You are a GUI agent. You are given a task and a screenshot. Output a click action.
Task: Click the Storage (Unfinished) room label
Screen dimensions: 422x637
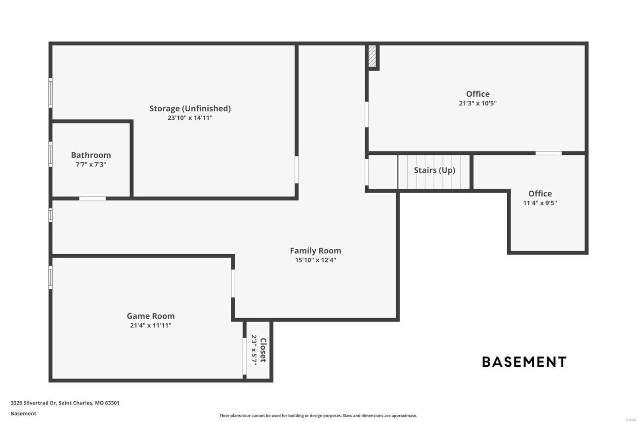(x=190, y=108)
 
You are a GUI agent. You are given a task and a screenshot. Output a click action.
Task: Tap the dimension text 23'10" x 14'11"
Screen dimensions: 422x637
(x=190, y=118)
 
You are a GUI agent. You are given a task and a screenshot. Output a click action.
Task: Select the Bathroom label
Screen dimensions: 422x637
(x=91, y=155)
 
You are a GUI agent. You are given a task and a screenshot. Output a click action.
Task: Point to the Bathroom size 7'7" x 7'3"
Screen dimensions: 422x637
(x=91, y=164)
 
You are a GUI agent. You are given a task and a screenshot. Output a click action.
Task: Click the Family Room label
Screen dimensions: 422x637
(x=315, y=251)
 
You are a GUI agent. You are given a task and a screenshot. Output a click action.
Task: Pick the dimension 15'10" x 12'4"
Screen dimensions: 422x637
(x=315, y=260)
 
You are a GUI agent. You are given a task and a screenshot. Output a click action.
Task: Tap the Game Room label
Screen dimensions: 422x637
(x=150, y=316)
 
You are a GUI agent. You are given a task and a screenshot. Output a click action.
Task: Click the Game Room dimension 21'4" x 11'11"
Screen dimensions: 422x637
(x=150, y=325)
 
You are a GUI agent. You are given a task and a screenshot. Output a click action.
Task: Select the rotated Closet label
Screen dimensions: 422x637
(x=263, y=350)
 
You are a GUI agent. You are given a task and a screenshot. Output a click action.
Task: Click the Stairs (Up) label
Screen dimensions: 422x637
(x=434, y=170)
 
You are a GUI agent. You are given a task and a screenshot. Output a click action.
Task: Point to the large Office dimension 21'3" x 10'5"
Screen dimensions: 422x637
(x=477, y=103)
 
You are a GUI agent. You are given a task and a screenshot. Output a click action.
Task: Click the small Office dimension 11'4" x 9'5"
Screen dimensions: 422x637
(x=540, y=203)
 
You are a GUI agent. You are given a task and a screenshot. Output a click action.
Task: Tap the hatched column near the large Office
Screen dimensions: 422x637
(x=372, y=56)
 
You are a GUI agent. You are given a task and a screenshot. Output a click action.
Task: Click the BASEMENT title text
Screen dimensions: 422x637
(x=524, y=362)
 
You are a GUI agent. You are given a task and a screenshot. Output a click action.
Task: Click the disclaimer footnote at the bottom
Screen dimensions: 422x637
(x=318, y=416)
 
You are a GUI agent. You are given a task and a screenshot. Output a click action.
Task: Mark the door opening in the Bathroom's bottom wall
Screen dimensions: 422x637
(x=92, y=198)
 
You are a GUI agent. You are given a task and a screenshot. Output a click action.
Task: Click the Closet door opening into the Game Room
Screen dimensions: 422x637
(x=244, y=356)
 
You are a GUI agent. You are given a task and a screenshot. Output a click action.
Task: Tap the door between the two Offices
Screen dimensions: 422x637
(x=548, y=153)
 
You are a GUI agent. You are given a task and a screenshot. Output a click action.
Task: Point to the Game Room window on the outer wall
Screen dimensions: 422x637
(x=51, y=277)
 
